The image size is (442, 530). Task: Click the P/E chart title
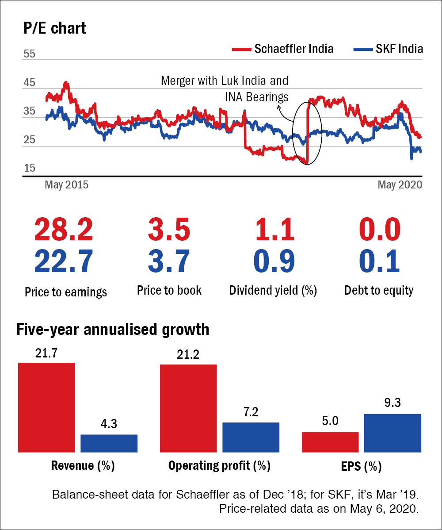coord(55,28)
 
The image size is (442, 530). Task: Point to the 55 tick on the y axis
coord(30,54)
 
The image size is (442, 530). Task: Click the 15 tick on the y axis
coord(30,168)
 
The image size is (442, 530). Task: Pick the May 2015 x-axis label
coord(66,184)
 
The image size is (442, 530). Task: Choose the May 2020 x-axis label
coord(400,184)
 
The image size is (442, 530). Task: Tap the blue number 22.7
coord(64,261)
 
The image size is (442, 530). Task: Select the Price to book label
coord(169,290)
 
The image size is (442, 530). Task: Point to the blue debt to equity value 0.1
coord(379,261)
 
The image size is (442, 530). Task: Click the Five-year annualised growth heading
coord(113,330)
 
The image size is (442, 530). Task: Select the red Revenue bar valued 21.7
coord(46,407)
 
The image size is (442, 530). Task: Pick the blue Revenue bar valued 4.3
coord(109,443)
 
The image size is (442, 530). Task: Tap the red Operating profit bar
coord(188,408)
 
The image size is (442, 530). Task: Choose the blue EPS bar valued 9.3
coord(392,433)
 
